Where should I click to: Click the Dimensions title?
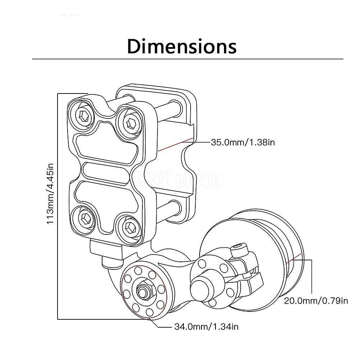(x=182, y=46)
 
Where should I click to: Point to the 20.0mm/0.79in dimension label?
(x=316, y=301)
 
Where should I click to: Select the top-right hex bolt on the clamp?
(x=130, y=122)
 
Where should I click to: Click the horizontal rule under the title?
(x=187, y=59)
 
